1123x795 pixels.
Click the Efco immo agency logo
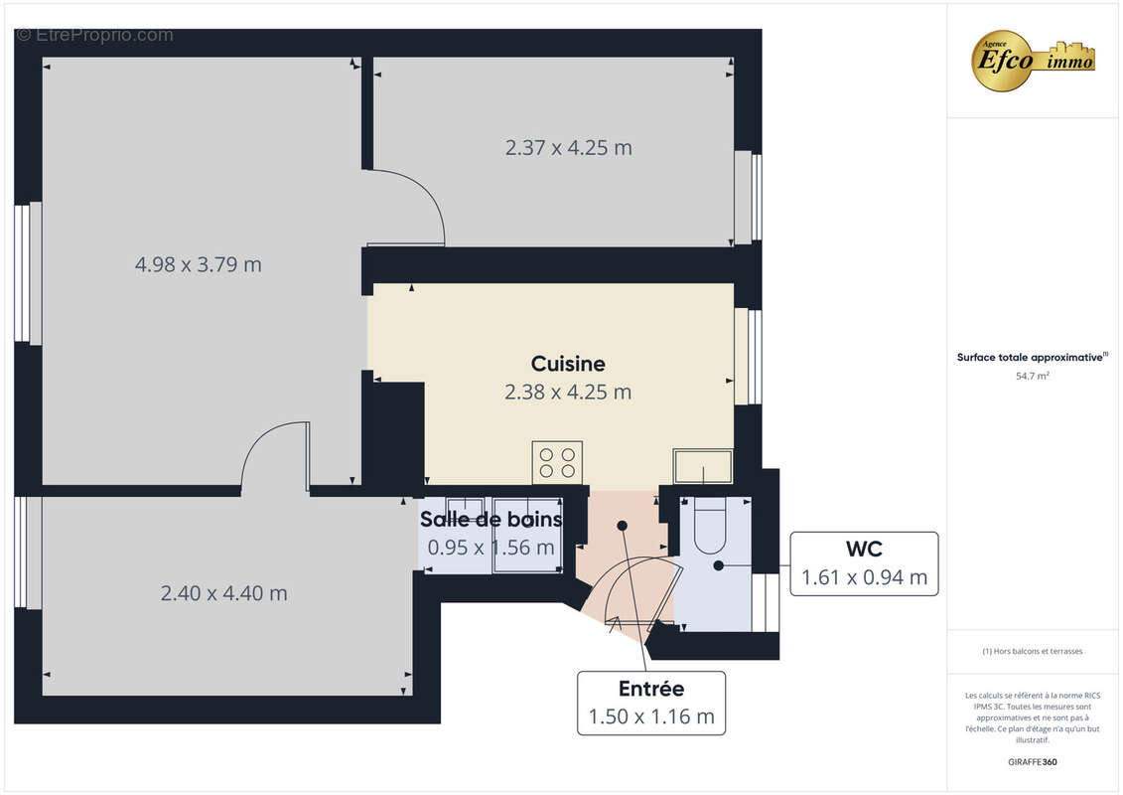pyautogui.click(x=1033, y=60)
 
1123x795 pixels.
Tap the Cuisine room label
pyautogui.click(x=568, y=364)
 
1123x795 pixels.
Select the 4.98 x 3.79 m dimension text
pyautogui.click(x=199, y=264)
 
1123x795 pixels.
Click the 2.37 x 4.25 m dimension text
pyautogui.click(x=568, y=148)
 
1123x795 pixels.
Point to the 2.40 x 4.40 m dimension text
pyautogui.click(x=224, y=593)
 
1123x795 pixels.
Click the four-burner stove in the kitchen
pyautogui.click(x=556, y=462)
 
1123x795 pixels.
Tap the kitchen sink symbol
pyautogui.click(x=703, y=464)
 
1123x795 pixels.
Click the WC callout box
pyautogui.click(x=864, y=563)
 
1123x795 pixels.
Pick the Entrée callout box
pyautogui.click(x=651, y=703)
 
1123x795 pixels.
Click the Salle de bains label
pyautogui.click(x=491, y=519)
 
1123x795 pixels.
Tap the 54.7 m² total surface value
pyautogui.click(x=1033, y=376)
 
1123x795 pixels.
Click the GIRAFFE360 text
pyautogui.click(x=1033, y=762)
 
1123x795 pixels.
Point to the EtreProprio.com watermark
pyautogui.click(x=94, y=35)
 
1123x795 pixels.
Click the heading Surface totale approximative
pyautogui.click(x=1033, y=357)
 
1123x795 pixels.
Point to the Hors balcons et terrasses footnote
pyautogui.click(x=1033, y=651)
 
